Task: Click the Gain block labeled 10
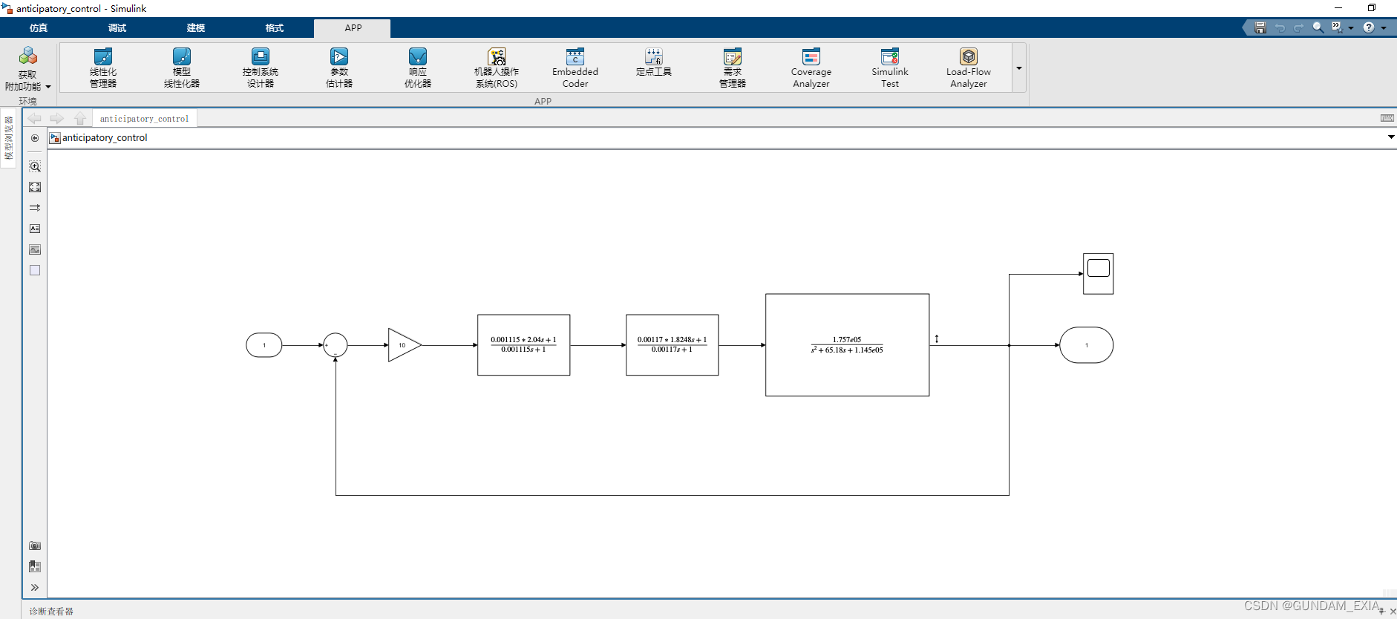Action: [403, 345]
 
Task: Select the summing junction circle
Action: [336, 345]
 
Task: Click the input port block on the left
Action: [264, 345]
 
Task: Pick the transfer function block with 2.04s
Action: [523, 345]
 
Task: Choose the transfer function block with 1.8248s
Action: [672, 345]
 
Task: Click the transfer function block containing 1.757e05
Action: [847, 345]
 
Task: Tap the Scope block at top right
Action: [1098, 273]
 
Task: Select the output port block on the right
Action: [1086, 345]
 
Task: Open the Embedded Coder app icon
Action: [575, 57]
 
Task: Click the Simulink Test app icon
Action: [890, 57]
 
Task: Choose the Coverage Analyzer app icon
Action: [811, 57]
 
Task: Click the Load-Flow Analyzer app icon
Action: [969, 57]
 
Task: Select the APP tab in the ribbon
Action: [353, 28]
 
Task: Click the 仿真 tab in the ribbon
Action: [39, 28]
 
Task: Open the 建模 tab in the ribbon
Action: [196, 28]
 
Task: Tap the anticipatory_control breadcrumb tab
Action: [145, 119]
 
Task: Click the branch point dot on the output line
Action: [1009, 345]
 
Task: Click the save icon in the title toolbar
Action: [1260, 27]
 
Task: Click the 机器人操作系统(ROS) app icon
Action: [497, 57]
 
